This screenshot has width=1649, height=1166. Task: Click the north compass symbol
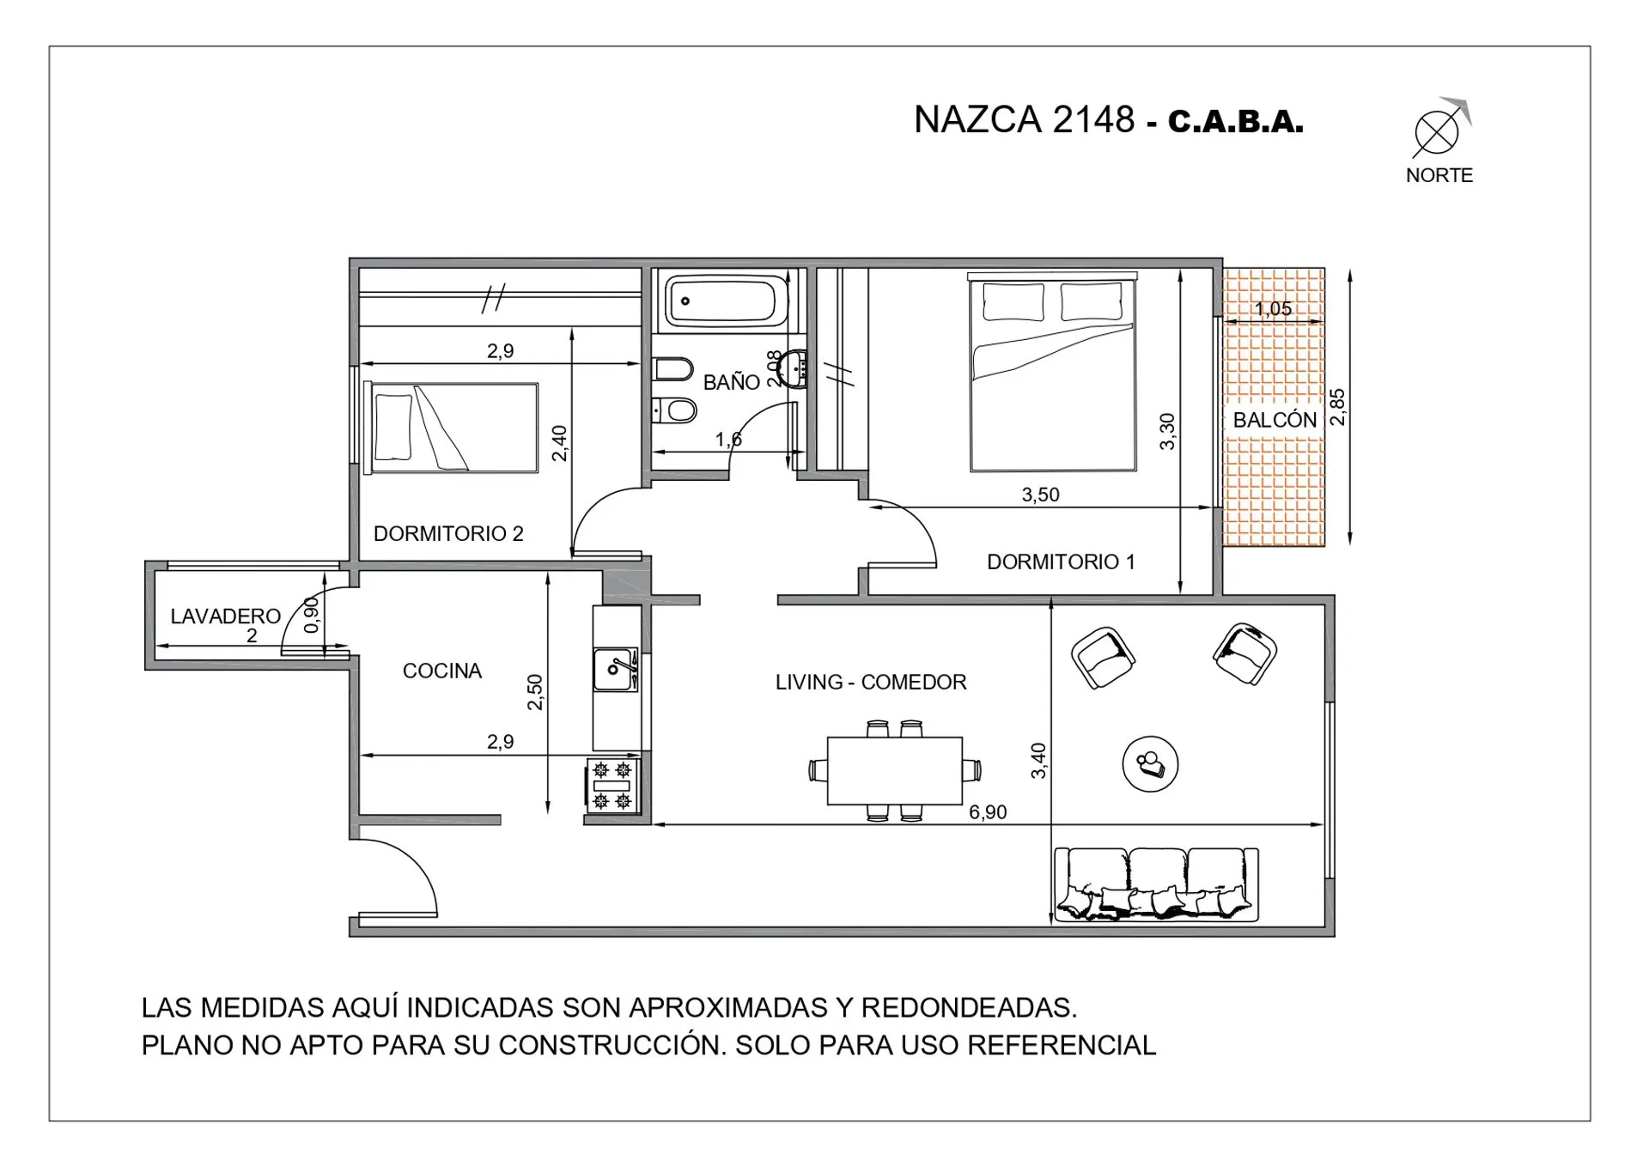(1437, 133)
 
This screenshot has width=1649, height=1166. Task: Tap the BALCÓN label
(1275, 420)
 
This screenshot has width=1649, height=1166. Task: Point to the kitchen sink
(616, 670)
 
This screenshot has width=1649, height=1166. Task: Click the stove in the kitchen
(614, 786)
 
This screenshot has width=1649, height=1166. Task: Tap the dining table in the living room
(894, 770)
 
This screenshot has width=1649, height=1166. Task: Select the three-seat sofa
(1156, 884)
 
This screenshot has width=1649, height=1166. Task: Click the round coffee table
(1150, 763)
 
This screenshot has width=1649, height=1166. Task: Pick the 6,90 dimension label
(988, 812)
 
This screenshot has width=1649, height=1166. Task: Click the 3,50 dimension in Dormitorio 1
(1040, 495)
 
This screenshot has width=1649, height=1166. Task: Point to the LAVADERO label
(225, 616)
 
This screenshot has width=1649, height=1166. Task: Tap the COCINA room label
(442, 671)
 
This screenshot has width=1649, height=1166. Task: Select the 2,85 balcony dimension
(1337, 407)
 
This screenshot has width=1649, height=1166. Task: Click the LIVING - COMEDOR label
(871, 682)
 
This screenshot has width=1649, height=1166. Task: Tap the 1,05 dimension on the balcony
(1273, 309)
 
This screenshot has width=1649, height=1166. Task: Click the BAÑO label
(732, 382)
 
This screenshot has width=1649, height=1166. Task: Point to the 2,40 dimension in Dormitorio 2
(559, 443)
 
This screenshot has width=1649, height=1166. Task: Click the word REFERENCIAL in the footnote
(1062, 1045)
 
